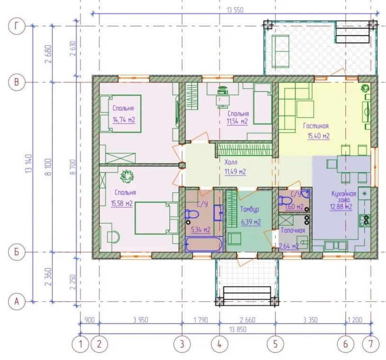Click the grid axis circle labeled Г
coord(17,26)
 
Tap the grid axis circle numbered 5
coord(275,344)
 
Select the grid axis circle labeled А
coord(17,301)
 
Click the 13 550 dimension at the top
coord(235,10)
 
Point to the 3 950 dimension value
coord(141,320)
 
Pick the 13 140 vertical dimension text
coord(28,164)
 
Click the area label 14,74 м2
coord(124,120)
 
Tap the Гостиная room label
coord(316,126)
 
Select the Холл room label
coord(231,162)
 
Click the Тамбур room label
coord(250,209)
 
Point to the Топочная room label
coord(293,231)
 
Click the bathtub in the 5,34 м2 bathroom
coord(204,244)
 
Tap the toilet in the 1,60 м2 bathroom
coord(284,200)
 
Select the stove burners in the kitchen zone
coord(365,220)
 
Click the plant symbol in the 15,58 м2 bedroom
coord(127,176)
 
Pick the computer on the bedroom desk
coord(223,90)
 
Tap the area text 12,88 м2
coord(341,207)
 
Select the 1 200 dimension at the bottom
coord(355,320)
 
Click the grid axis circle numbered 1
coord(80,344)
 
